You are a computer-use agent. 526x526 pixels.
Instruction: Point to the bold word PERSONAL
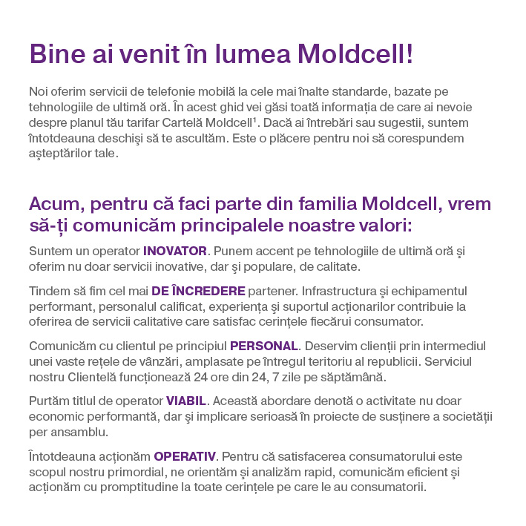263,346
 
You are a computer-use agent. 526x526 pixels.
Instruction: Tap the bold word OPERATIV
185,456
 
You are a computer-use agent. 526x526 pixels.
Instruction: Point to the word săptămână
355,376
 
